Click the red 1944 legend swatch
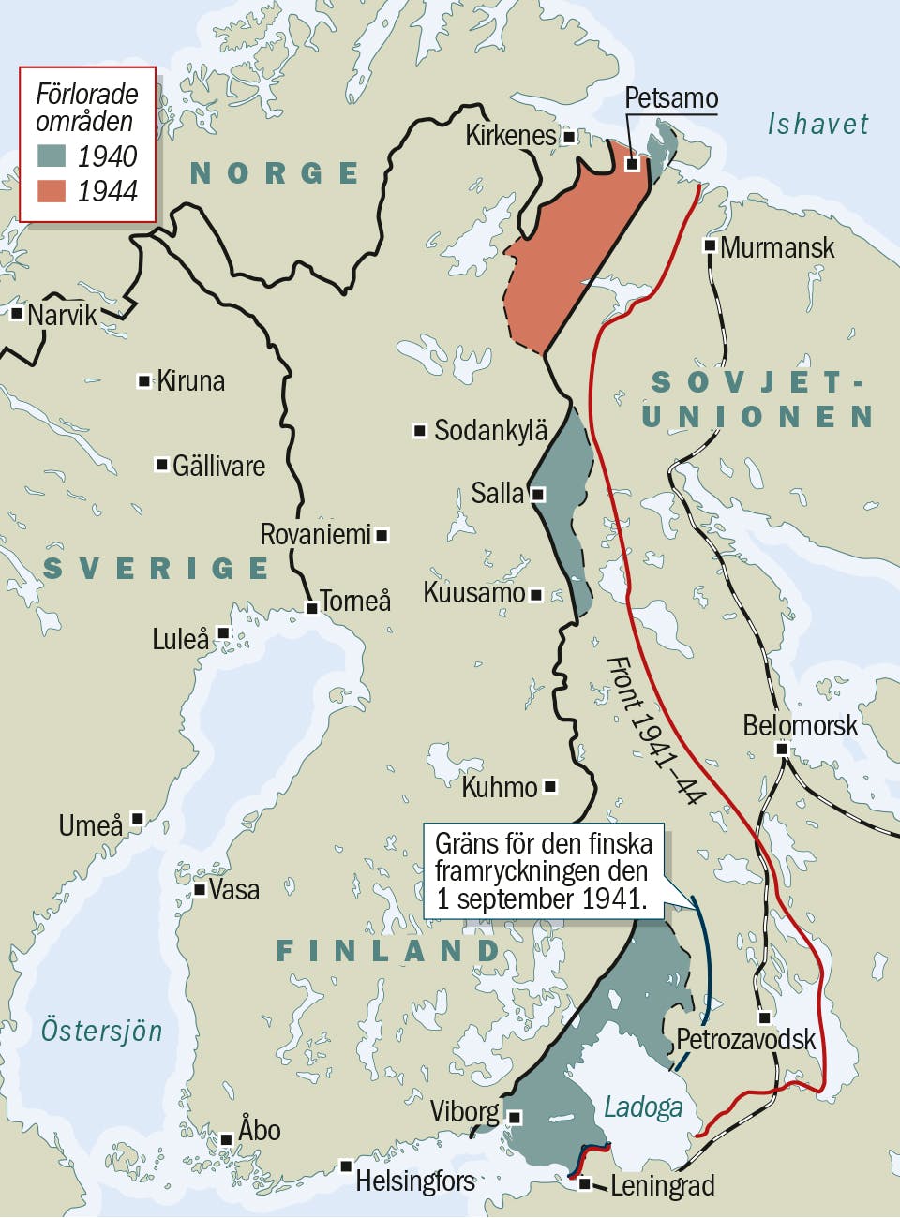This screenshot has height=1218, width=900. tap(52, 190)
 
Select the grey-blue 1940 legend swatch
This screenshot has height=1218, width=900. tap(52, 156)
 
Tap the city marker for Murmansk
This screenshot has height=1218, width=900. tap(711, 246)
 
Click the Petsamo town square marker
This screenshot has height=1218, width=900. tap(632, 164)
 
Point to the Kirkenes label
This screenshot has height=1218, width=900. tap(510, 136)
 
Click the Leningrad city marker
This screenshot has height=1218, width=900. tap(585, 1183)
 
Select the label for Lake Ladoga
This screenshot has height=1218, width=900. tap(642, 1107)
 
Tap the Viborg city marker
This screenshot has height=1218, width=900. tap(515, 1117)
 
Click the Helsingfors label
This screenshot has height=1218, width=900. tap(414, 1181)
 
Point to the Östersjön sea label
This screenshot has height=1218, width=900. tap(101, 1031)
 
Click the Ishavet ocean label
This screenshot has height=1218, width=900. tap(817, 124)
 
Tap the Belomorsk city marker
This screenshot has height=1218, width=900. tap(782, 749)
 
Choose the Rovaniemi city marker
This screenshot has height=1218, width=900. tap(382, 536)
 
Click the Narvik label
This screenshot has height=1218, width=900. tap(62, 315)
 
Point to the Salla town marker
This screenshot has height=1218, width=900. tap(538, 494)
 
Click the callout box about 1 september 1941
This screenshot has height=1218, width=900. tap(543, 871)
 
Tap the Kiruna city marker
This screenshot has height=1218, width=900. tap(144, 380)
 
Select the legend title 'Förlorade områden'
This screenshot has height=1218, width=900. tap(86, 107)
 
